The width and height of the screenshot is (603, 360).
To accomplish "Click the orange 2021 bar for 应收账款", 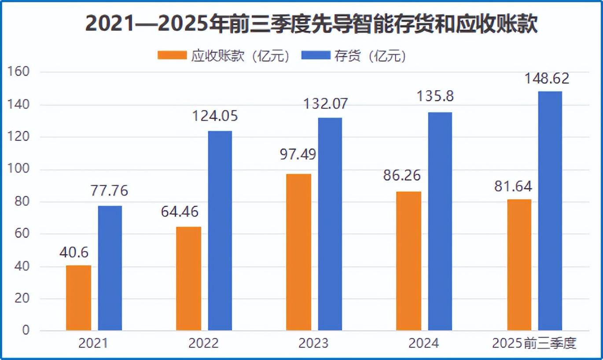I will (x=79, y=298).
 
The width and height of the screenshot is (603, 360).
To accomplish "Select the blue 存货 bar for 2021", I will (x=110, y=268).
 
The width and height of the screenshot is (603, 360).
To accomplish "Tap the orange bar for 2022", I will (x=188, y=279).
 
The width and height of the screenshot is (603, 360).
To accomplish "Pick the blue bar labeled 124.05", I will (x=220, y=231).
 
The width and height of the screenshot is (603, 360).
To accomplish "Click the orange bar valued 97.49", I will (x=298, y=252).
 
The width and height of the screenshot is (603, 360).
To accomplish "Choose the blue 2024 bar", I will (x=440, y=221).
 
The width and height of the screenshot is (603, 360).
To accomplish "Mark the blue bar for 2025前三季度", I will (x=550, y=211).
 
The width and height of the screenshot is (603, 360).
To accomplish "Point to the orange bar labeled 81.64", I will (x=519, y=265).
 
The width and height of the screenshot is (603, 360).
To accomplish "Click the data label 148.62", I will (x=547, y=79).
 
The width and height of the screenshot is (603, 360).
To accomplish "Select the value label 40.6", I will (x=74, y=253).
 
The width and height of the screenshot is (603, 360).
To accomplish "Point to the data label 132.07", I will (x=326, y=104).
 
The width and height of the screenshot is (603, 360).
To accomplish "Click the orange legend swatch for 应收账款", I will (x=172, y=55).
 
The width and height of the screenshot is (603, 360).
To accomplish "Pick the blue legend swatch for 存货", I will (x=316, y=55).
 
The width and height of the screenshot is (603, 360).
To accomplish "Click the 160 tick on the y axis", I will (x=19, y=72).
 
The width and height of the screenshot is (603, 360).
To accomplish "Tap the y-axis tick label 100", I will (x=19, y=169).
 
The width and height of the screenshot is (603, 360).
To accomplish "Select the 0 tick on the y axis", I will (x=26, y=331).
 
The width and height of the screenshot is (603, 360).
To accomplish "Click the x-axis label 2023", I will (x=313, y=343).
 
